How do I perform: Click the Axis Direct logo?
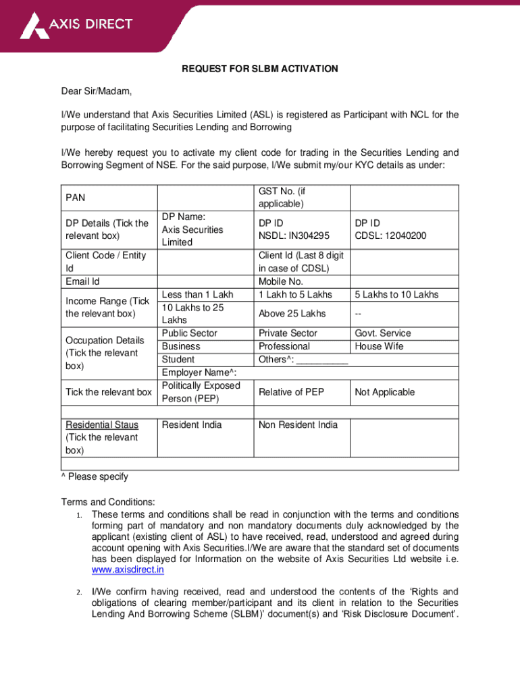(76, 26)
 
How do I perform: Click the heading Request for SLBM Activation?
(260, 70)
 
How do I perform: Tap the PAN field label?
(76, 198)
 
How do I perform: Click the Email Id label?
(82, 281)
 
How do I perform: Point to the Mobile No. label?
(281, 281)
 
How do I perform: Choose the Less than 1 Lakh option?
(197, 294)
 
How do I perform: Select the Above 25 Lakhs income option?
(292, 314)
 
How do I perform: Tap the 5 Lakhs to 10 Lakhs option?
(396, 294)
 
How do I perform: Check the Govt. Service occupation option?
(383, 333)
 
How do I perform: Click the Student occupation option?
(178, 359)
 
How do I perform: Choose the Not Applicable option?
(385, 392)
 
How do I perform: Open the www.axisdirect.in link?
(128, 570)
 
